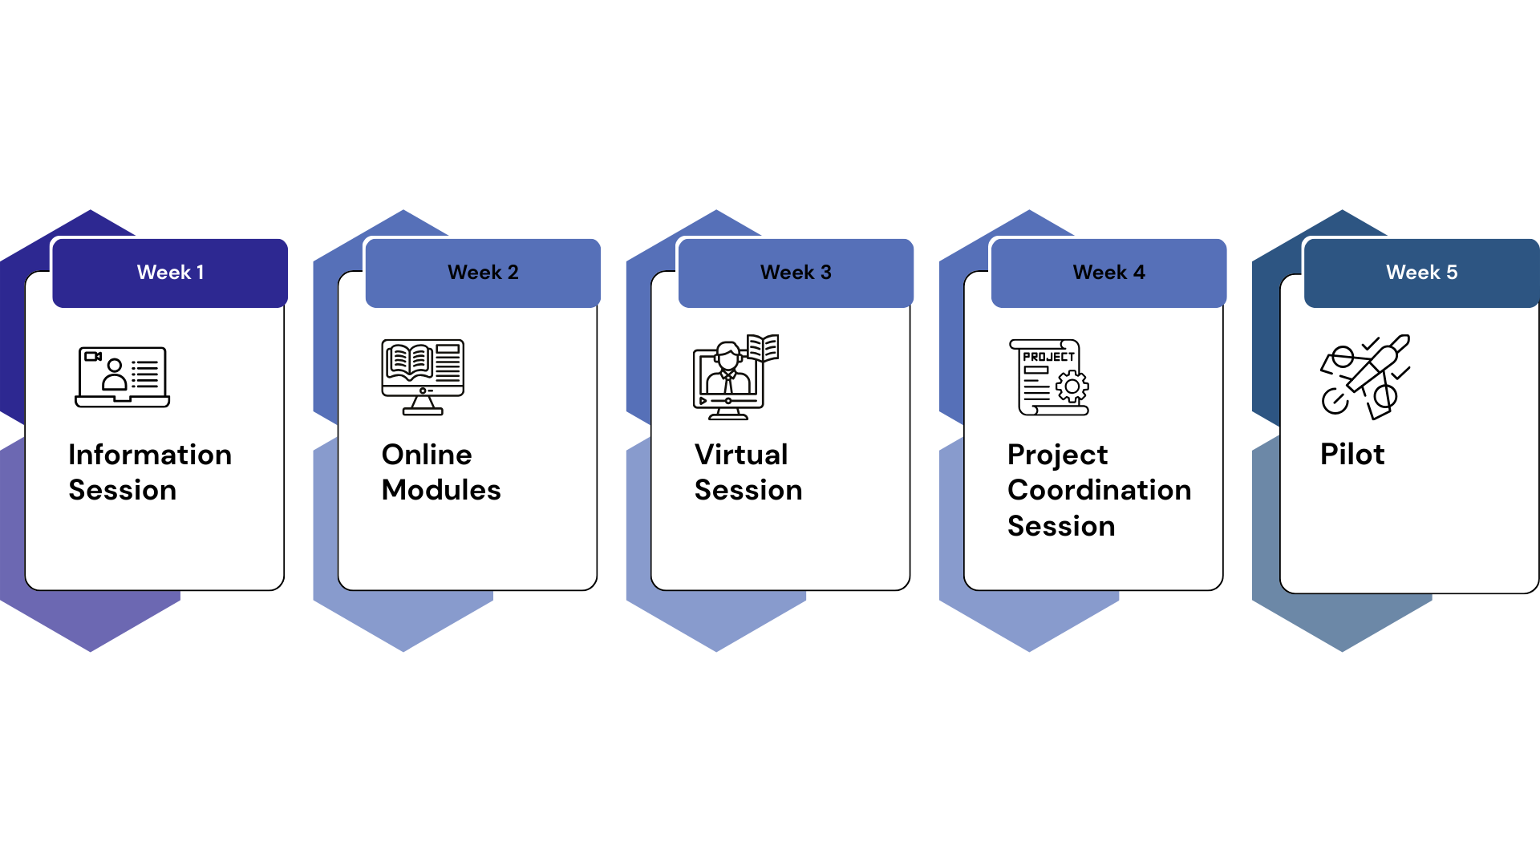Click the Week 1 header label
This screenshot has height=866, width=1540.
170,273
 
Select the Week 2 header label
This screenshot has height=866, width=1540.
483,273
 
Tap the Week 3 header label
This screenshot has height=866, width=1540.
796,273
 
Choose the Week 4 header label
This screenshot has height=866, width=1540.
1108,273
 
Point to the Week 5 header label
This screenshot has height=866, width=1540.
1421,273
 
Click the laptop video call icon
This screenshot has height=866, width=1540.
123,377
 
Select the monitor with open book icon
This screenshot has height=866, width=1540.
423,377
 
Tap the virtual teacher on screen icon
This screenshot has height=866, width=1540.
736,377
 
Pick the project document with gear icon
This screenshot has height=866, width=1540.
1049,377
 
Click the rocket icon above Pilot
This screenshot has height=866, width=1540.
1365,377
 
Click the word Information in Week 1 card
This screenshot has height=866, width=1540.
150,455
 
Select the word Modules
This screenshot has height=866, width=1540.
441,490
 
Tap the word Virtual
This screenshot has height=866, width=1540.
741,455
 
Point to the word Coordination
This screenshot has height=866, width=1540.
1100,490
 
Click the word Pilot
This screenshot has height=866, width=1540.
1352,455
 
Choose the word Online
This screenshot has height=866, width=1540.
427,455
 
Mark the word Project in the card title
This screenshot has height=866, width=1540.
1057,455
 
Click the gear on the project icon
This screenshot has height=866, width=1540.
1072,386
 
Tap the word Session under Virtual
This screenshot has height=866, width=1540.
748,490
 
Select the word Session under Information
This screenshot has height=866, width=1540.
123,490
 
